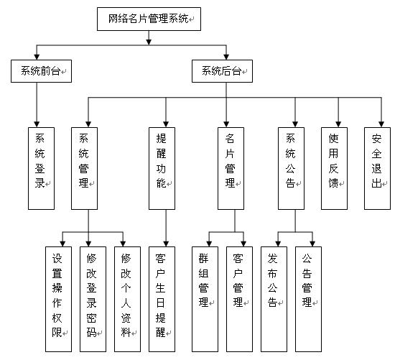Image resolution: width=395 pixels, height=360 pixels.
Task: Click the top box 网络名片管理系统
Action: (x=149, y=19)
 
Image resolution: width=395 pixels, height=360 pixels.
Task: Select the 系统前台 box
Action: (x=42, y=71)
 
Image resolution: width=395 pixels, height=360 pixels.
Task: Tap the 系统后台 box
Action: (x=222, y=71)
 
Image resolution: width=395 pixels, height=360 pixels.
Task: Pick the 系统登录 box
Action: (x=42, y=168)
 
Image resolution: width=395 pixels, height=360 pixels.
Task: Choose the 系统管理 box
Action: (x=85, y=168)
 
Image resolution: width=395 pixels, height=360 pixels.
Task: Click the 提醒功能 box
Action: (x=162, y=168)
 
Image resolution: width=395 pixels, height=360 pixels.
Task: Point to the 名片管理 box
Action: (x=231, y=168)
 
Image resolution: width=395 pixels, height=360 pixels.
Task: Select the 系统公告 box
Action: (x=291, y=168)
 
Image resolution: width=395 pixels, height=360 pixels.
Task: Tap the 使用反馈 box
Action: (x=334, y=168)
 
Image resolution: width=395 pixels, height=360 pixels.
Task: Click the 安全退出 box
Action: (x=377, y=168)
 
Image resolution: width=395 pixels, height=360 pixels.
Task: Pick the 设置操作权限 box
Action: (x=58, y=299)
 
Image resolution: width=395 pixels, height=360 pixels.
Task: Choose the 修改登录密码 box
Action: (x=93, y=299)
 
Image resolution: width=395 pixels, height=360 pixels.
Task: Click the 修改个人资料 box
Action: (x=127, y=299)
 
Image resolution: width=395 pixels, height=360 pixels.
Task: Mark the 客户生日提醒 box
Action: (x=162, y=299)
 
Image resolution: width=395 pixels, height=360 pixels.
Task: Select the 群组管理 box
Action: (x=205, y=299)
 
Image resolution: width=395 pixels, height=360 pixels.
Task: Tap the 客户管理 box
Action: (x=240, y=299)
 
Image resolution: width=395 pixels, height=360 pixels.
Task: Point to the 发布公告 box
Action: (x=274, y=299)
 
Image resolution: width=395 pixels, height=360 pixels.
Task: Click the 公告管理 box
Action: (x=308, y=299)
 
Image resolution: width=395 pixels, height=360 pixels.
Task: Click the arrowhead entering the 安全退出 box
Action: (x=381, y=124)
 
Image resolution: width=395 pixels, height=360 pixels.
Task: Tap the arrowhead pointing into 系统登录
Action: (x=37, y=124)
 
